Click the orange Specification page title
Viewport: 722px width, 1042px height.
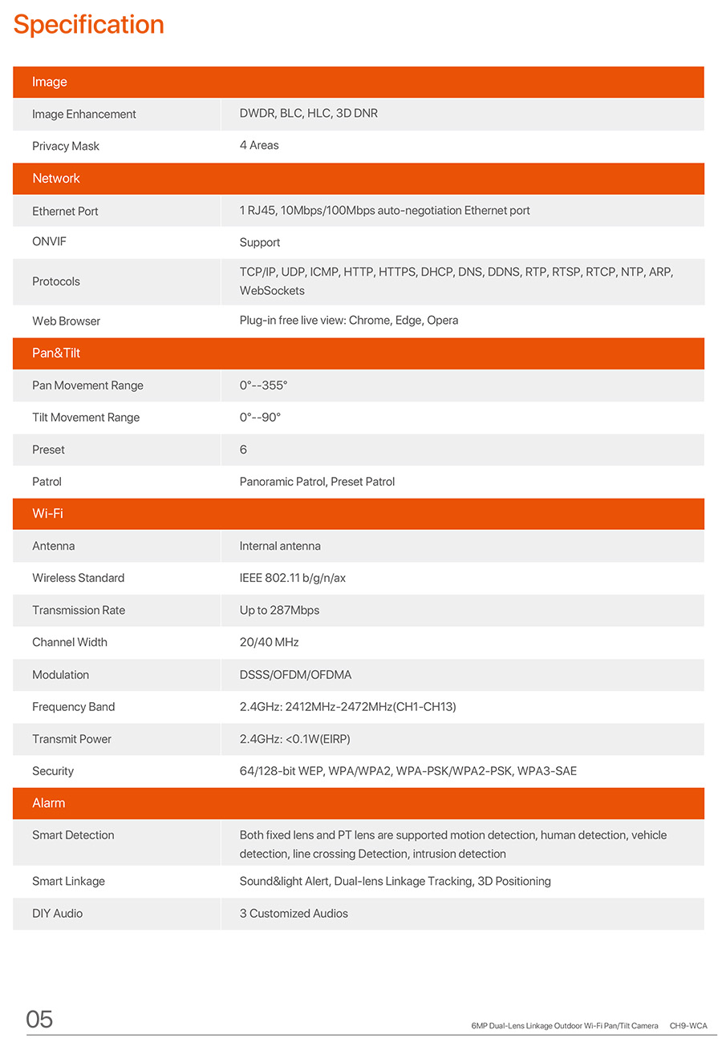[89, 25]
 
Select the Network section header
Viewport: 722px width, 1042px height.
[56, 179]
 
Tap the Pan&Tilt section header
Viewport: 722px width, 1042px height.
[56, 353]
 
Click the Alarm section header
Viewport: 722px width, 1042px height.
[49, 803]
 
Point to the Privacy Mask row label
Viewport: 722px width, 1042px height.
[66, 146]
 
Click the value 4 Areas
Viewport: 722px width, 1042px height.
[259, 145]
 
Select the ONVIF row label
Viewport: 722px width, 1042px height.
[49, 241]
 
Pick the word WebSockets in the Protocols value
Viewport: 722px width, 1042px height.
[272, 291]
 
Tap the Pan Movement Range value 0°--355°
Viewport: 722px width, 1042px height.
[263, 386]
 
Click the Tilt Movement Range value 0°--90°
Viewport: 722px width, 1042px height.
[260, 418]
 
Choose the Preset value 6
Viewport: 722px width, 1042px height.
[243, 450]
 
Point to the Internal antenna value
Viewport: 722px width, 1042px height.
[280, 546]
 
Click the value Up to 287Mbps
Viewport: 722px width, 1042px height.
[279, 610]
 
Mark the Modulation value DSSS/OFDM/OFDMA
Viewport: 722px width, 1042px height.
[295, 675]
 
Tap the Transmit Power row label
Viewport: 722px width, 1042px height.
[71, 739]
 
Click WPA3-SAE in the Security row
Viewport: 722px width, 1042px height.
[547, 771]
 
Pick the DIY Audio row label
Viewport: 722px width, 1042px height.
[57, 913]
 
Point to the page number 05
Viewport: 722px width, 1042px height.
[39, 1020]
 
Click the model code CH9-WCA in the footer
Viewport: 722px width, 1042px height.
[688, 1026]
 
